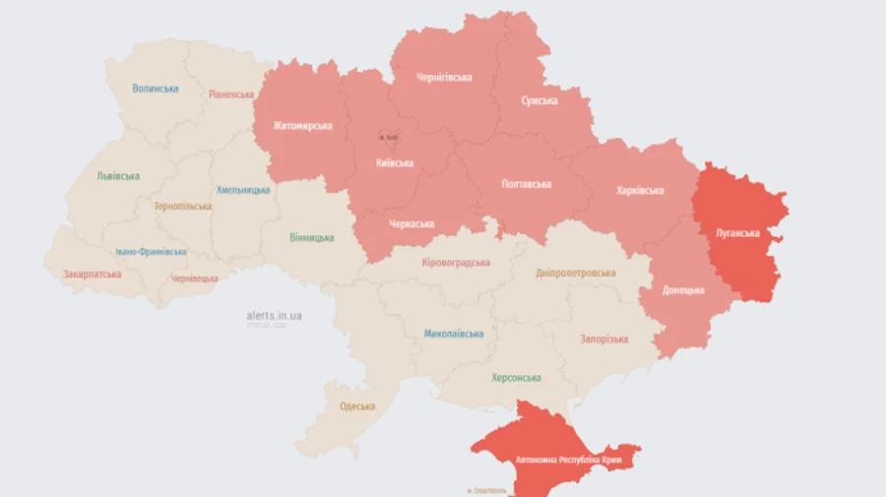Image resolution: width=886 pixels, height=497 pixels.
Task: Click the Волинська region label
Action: (156, 89)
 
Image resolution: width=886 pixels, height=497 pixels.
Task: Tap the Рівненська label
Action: (231, 94)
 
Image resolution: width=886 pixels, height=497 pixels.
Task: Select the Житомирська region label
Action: (302, 126)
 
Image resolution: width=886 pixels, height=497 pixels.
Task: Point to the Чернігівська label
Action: (444, 78)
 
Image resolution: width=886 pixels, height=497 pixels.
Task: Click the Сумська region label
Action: (539, 100)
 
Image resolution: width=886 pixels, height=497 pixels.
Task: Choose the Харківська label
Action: (639, 191)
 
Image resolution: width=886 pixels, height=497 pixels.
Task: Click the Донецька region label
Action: (683, 290)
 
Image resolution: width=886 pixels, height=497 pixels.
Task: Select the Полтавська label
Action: (527, 184)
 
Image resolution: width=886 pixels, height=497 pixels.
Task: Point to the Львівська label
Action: (118, 176)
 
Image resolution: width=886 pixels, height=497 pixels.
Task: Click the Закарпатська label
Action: (93, 275)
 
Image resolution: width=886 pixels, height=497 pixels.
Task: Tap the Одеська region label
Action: (357, 406)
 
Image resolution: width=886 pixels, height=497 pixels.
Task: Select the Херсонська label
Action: (516, 378)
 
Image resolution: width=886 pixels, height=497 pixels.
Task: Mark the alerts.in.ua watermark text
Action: (274, 315)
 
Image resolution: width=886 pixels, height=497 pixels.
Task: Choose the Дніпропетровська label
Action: (576, 273)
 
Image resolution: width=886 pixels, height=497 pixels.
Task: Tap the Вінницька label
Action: (311, 238)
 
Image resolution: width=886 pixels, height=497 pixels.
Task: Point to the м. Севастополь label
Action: (486, 490)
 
